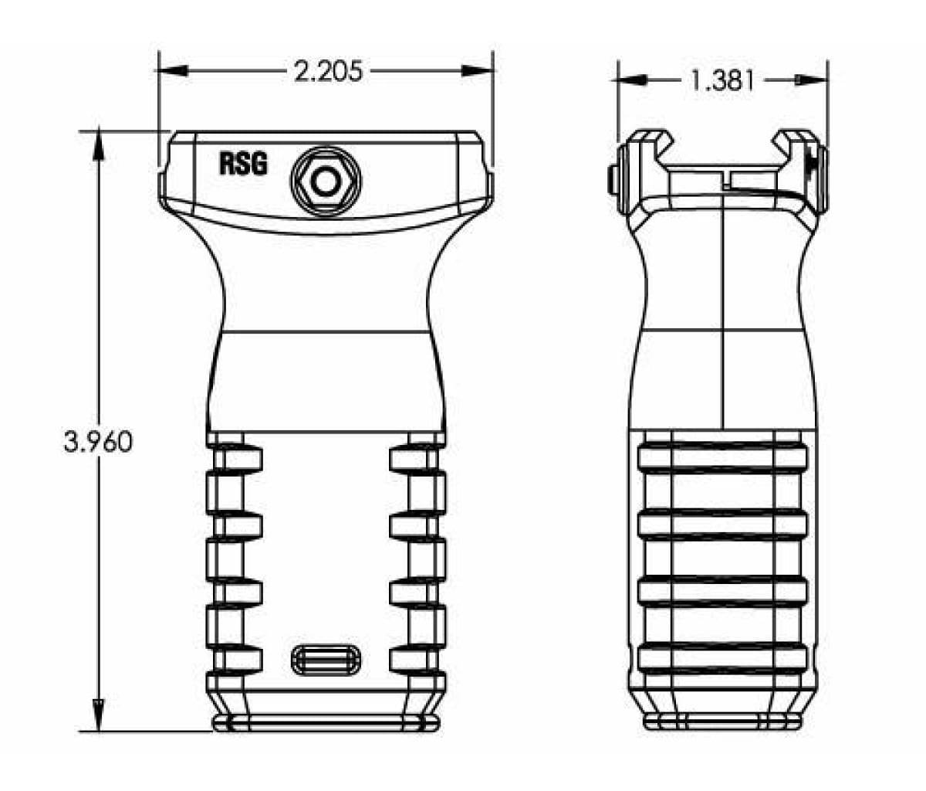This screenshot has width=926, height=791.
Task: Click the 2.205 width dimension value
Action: point(327,71)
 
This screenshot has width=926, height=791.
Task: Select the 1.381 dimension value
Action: point(722,80)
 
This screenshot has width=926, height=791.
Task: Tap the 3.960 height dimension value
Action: point(98,442)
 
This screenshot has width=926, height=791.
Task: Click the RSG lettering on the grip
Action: point(243,164)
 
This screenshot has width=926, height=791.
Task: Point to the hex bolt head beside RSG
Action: point(325,182)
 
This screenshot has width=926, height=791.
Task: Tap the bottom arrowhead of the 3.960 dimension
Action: point(98,715)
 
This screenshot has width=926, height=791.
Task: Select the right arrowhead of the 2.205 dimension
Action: point(478,70)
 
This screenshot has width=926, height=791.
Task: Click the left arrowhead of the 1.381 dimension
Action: point(631,80)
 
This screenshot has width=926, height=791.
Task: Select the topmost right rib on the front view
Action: point(417,459)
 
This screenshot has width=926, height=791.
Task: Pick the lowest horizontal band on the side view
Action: point(723,657)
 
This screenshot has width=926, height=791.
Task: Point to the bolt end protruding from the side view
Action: point(612,180)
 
